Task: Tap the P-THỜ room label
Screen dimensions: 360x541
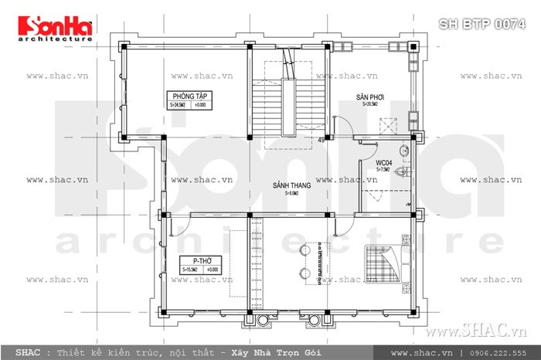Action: (x=194, y=260)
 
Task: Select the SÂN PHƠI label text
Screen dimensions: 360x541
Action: (x=370, y=98)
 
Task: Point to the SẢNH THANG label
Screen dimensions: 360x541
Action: (x=291, y=186)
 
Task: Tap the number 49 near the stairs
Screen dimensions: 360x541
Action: (x=321, y=140)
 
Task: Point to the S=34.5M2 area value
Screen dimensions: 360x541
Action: (x=179, y=104)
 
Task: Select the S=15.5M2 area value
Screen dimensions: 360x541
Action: (x=189, y=270)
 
